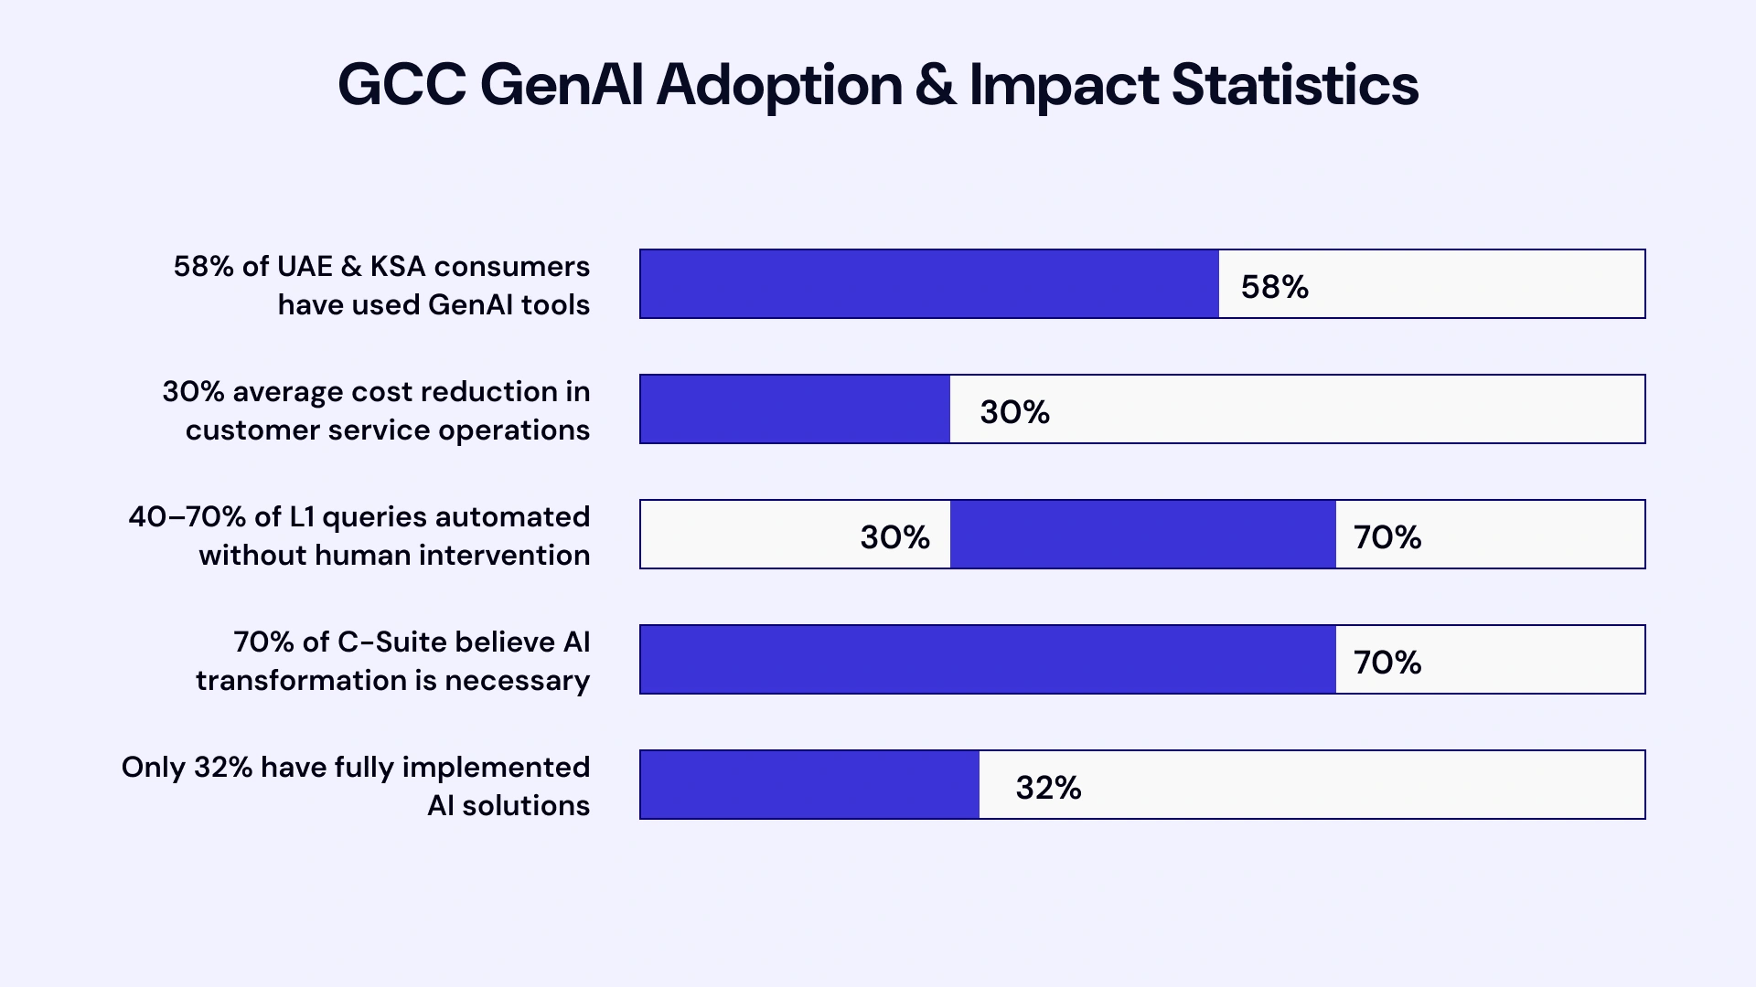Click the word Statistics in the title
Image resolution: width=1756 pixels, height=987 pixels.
(x=1294, y=85)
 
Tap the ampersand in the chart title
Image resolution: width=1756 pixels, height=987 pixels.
(x=935, y=85)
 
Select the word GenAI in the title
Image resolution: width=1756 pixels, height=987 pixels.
(x=562, y=85)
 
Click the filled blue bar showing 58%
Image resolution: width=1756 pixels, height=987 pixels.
(x=929, y=284)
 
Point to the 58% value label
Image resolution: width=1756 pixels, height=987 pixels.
(x=1274, y=287)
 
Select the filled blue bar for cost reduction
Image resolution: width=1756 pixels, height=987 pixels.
(x=795, y=409)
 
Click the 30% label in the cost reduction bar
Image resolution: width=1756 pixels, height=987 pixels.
(x=1014, y=412)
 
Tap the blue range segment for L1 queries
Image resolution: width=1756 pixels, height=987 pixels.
(x=1142, y=535)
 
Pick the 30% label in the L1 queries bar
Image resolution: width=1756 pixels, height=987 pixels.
(x=894, y=537)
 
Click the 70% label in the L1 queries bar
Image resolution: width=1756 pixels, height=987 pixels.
(x=1387, y=537)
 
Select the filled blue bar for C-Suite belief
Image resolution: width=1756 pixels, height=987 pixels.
(x=988, y=660)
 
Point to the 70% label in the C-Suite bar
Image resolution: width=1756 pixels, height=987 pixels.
(x=1387, y=663)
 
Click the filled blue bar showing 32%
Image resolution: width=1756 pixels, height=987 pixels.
(x=809, y=785)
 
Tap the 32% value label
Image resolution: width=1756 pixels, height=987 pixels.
(x=1048, y=788)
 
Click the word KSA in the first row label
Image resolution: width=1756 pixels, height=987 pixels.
(x=397, y=267)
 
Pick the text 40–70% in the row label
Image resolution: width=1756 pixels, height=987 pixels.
(x=187, y=517)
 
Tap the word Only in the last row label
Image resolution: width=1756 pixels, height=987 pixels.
(x=153, y=768)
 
